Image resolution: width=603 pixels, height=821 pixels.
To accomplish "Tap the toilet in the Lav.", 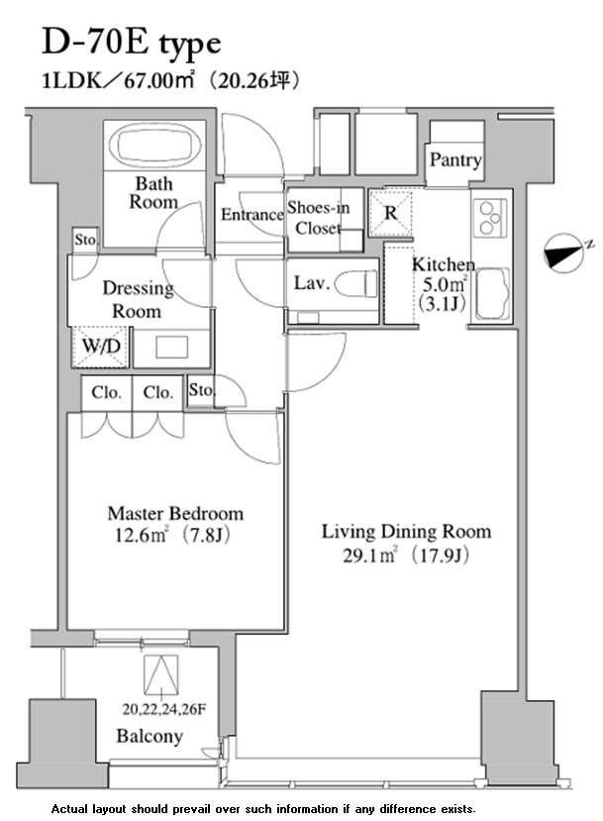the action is pyautogui.click(x=355, y=284).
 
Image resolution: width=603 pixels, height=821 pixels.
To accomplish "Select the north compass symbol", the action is pyautogui.click(x=565, y=254).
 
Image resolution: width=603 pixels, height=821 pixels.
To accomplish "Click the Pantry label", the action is pyautogui.click(x=455, y=159).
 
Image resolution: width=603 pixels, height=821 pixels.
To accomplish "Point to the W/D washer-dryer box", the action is pyautogui.click(x=101, y=347).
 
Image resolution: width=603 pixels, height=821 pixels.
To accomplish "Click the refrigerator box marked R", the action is pyautogui.click(x=390, y=213).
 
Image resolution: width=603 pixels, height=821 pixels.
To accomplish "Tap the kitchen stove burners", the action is pyautogui.click(x=491, y=216).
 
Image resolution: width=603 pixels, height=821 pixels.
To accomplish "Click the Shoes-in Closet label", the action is pyautogui.click(x=318, y=218).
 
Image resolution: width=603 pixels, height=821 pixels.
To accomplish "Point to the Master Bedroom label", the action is pyautogui.click(x=175, y=514).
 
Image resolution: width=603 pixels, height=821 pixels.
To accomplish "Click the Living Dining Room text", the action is pyautogui.click(x=406, y=532).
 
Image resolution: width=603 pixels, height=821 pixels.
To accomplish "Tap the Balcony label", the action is pyautogui.click(x=150, y=737).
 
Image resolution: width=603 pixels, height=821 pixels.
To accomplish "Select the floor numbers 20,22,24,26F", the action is pyautogui.click(x=163, y=709).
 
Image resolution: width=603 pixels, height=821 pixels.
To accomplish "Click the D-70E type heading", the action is pyautogui.click(x=132, y=44).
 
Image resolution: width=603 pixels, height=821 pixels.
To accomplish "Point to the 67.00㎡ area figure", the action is pyautogui.click(x=159, y=81).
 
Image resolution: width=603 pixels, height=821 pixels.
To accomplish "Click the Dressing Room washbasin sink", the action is pyautogui.click(x=171, y=348).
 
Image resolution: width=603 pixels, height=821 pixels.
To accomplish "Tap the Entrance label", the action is pyautogui.click(x=251, y=215).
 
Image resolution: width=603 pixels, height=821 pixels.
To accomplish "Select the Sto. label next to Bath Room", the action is pyautogui.click(x=85, y=240).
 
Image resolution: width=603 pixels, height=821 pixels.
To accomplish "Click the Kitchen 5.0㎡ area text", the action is pyautogui.click(x=444, y=285).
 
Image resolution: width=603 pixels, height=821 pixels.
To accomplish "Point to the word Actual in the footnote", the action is pyautogui.click(x=69, y=809).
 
